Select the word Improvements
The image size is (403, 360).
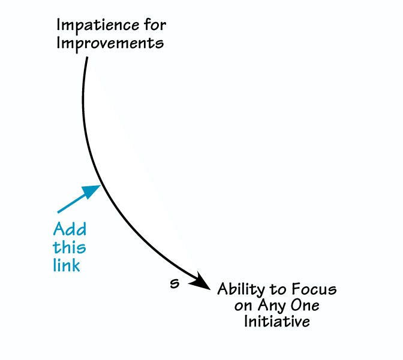(110, 44)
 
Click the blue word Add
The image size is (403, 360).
(70, 229)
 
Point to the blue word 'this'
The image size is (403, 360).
(69, 247)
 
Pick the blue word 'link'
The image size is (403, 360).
(67, 265)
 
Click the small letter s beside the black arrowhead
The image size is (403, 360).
(175, 283)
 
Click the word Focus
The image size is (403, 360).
(314, 291)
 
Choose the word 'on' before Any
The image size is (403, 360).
(242, 306)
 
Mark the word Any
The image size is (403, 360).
(270, 307)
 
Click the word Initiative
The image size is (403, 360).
(276, 322)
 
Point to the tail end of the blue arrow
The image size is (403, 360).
(58, 212)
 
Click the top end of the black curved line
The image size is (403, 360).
(88, 58)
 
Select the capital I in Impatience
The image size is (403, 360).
(59, 26)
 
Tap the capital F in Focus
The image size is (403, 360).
(297, 291)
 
